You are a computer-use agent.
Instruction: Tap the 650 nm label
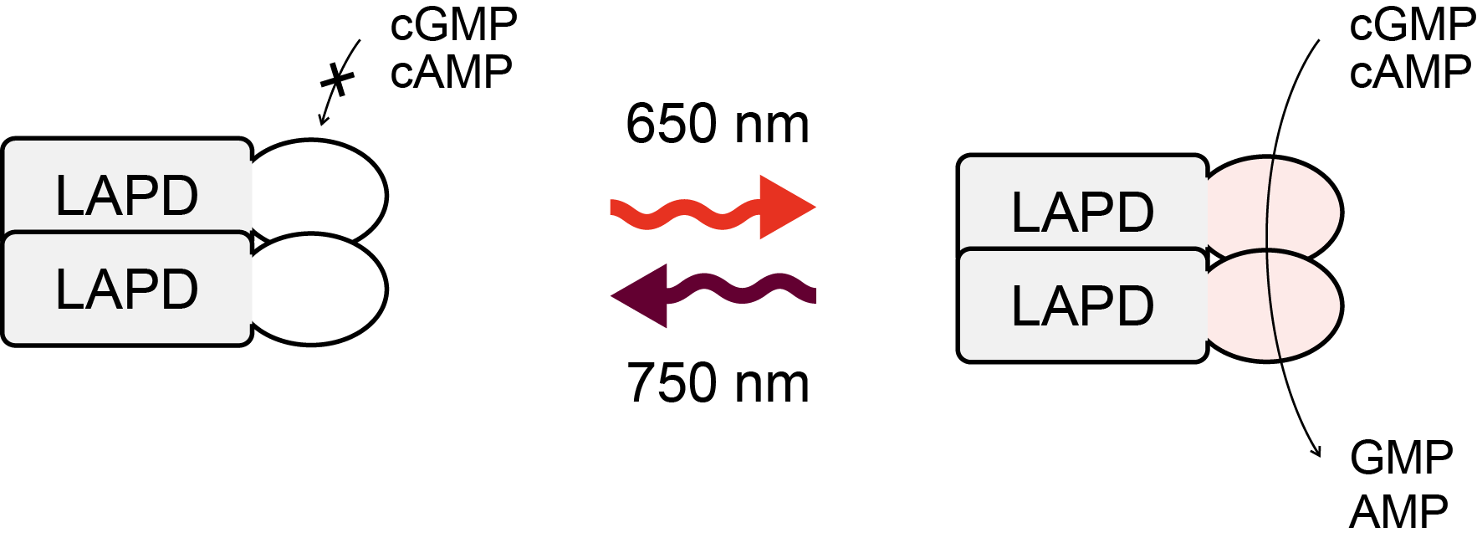717,124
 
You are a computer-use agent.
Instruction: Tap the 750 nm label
717,383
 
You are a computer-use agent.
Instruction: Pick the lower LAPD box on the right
1082,305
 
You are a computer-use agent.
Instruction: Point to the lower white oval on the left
322,289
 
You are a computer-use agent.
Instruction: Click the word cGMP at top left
453,24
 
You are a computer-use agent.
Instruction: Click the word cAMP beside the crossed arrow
451,72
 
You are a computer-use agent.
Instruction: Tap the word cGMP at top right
1412,24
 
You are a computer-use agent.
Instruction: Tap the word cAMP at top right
1409,72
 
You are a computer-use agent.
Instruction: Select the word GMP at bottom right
1401,458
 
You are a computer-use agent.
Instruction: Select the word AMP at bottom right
1398,512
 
